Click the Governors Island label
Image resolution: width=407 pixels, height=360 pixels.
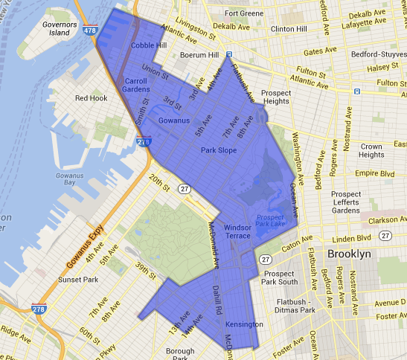[x=60, y=29]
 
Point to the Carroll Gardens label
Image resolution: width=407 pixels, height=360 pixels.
[x=136, y=85]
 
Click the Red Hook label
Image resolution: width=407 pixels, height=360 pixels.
[x=92, y=97]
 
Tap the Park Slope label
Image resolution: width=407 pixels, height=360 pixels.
[x=218, y=150]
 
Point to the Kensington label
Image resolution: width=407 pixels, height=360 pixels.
[x=245, y=324]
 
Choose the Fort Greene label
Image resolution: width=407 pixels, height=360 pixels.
[x=243, y=13]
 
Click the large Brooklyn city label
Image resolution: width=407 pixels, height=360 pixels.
[x=353, y=254]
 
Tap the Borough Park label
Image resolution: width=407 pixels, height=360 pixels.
[x=180, y=353]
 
